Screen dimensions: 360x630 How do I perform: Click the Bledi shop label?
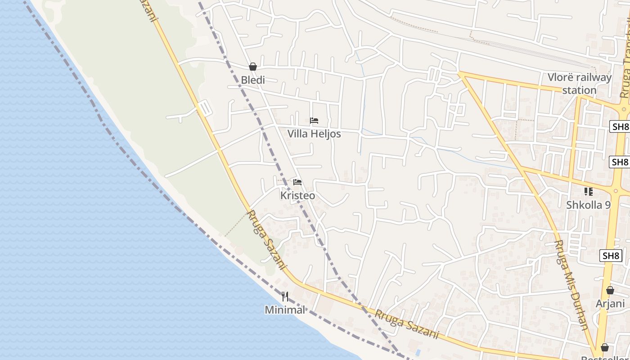pyautogui.click(x=253, y=80)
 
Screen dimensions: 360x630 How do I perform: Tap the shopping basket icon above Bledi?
pyautogui.click(x=253, y=67)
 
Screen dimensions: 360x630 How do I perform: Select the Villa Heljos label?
pyautogui.click(x=314, y=134)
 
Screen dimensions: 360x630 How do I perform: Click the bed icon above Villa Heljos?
pyautogui.click(x=314, y=121)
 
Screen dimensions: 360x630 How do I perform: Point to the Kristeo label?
pyautogui.click(x=297, y=196)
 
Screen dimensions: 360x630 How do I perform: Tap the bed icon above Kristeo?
pyautogui.click(x=297, y=182)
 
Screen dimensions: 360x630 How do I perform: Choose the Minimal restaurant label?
pyautogui.click(x=285, y=310)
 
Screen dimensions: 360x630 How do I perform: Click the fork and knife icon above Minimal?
pyautogui.click(x=285, y=297)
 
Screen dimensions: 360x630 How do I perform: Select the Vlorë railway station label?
pyautogui.click(x=580, y=84)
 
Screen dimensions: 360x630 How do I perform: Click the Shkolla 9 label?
pyautogui.click(x=588, y=205)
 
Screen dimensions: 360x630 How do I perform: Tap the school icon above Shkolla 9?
pyautogui.click(x=588, y=192)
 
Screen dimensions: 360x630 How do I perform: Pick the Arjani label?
pyautogui.click(x=610, y=303)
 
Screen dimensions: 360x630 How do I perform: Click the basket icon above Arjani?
pyautogui.click(x=610, y=290)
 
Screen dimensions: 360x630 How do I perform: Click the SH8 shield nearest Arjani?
pyautogui.click(x=611, y=256)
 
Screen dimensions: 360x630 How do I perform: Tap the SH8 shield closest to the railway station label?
pyautogui.click(x=620, y=127)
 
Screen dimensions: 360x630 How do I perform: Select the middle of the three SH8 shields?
pyautogui.click(x=619, y=162)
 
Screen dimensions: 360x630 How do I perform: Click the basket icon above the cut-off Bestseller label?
pyautogui.click(x=605, y=347)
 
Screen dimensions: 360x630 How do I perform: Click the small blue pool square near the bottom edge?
pyautogui.click(x=418, y=351)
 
